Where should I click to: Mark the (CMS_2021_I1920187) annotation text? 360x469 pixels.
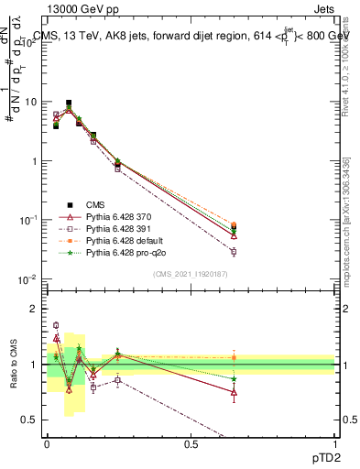[x=191, y=274]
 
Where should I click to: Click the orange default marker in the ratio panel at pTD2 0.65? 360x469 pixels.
[x=234, y=357]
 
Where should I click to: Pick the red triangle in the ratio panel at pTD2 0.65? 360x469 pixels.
[x=234, y=391]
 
